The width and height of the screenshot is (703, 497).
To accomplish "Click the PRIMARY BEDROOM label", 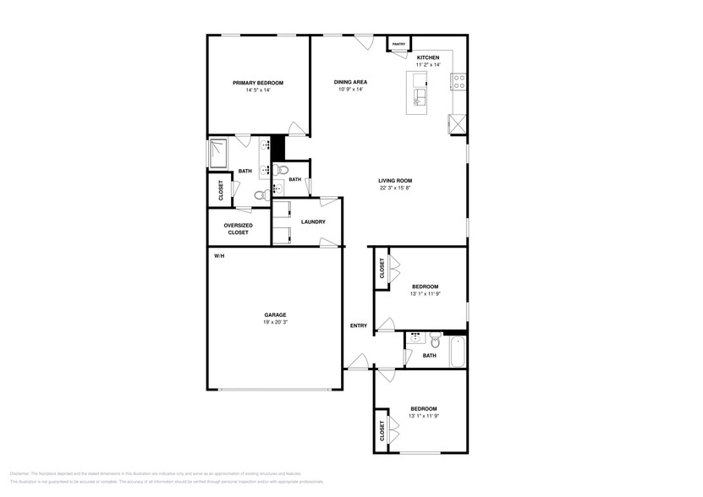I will (258, 83).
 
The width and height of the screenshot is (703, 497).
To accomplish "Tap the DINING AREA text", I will (350, 82).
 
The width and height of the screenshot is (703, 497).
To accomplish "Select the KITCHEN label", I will (428, 57).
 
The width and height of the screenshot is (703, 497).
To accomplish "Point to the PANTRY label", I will (398, 44).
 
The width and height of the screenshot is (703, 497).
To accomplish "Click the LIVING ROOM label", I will (394, 181).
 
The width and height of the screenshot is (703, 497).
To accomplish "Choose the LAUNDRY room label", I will (314, 221).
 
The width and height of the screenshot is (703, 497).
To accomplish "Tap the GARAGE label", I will (275, 314).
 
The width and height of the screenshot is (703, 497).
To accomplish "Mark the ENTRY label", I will (359, 325).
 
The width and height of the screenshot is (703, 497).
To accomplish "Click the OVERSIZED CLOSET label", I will (238, 228).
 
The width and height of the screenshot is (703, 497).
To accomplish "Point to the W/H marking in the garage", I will (219, 255).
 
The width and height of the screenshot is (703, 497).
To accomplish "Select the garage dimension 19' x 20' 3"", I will (275, 322).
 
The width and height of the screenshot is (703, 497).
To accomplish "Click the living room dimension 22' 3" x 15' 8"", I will (394, 188).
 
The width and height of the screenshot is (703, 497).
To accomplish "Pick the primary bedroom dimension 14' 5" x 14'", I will (258, 90).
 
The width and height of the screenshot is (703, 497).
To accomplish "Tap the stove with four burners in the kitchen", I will (460, 82).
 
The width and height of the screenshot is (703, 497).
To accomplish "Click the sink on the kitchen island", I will (419, 101).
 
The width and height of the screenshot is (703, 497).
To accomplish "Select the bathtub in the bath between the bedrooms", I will (458, 352).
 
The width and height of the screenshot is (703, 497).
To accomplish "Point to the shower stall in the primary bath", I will (218, 153).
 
